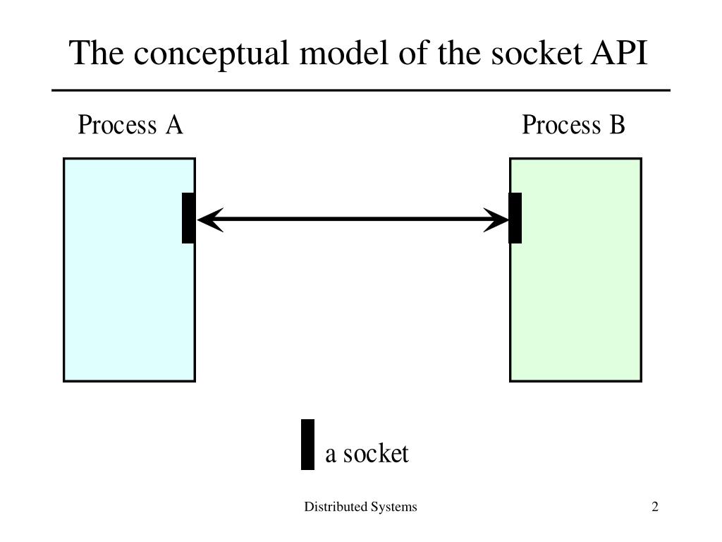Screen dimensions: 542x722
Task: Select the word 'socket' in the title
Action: coord(527,54)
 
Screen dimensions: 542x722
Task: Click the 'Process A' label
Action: coord(130,125)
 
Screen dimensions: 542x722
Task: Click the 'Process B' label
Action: coord(573,125)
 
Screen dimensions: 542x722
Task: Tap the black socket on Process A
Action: coord(188,218)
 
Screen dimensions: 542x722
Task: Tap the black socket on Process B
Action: coord(515,218)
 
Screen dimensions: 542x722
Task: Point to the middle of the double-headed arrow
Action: coord(353,219)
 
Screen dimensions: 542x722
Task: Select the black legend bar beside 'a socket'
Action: coord(307,445)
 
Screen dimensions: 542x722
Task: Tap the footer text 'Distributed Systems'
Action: coord(360,507)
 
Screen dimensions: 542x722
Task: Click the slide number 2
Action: coord(655,507)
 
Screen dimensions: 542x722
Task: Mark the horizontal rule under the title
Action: coord(360,90)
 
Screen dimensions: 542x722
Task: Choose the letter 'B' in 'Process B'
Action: coord(617,125)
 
